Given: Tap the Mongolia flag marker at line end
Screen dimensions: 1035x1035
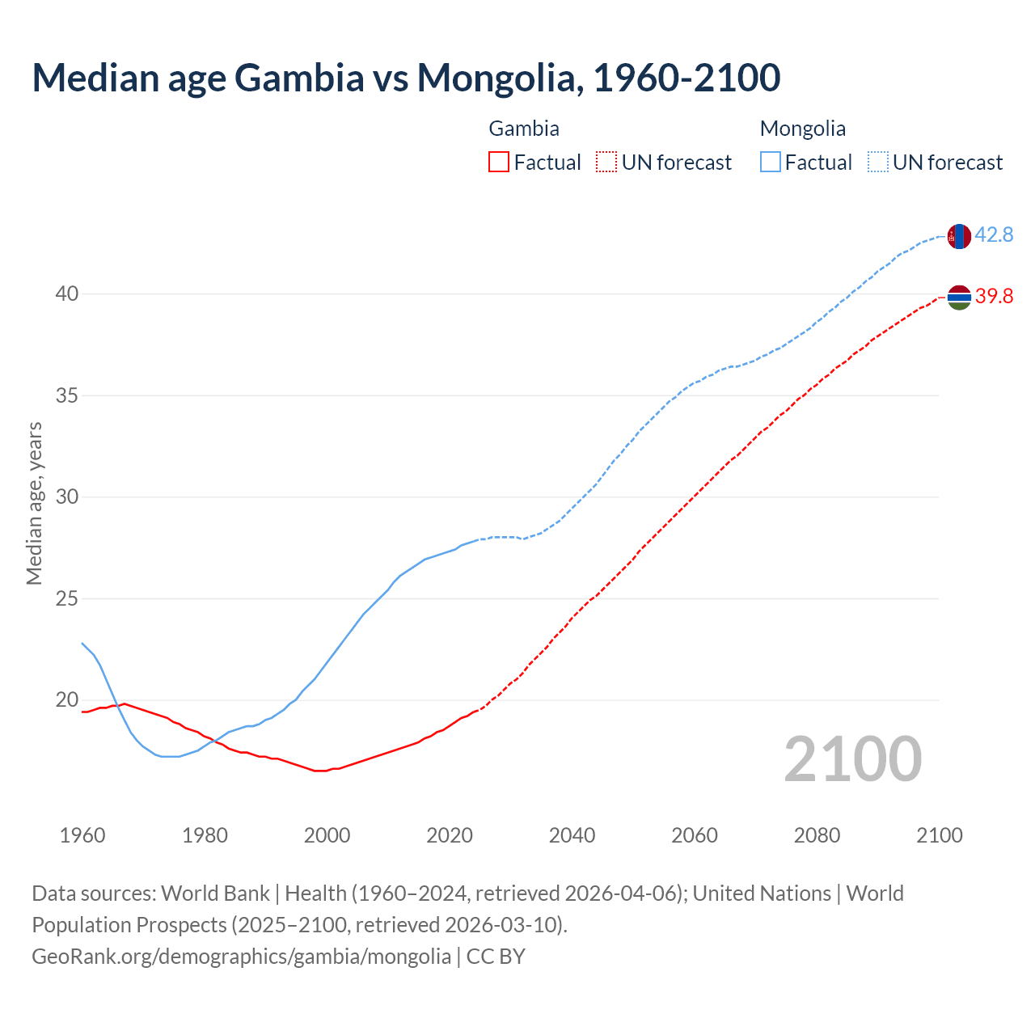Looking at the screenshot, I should [x=959, y=236].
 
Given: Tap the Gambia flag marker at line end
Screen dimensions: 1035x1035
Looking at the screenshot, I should [x=959, y=298].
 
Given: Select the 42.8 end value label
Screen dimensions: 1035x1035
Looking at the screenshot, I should [x=994, y=235].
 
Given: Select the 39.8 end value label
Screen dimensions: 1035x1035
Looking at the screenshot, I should [x=994, y=297].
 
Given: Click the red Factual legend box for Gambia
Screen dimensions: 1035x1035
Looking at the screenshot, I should [x=499, y=163].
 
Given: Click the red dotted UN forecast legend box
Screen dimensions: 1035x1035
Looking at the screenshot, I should [x=606, y=163].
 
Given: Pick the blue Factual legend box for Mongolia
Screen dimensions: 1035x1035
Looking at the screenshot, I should [x=771, y=163].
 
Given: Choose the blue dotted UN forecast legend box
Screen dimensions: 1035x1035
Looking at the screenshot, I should [x=878, y=163].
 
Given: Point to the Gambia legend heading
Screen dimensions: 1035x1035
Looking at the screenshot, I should [x=524, y=129].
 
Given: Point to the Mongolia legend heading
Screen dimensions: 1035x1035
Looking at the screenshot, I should [x=803, y=129].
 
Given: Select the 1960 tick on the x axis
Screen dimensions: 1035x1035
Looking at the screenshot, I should [x=82, y=835].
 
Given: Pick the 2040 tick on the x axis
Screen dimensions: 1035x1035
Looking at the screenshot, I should [x=572, y=835].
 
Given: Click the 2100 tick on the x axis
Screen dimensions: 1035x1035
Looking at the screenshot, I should [x=939, y=835].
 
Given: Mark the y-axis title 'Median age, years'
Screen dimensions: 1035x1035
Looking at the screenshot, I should [x=34, y=503].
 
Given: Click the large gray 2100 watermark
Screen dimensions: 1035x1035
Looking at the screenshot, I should [x=852, y=759].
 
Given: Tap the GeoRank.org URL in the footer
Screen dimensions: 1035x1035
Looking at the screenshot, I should [x=241, y=957].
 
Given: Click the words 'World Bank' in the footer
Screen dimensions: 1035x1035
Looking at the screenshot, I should [x=215, y=893].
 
